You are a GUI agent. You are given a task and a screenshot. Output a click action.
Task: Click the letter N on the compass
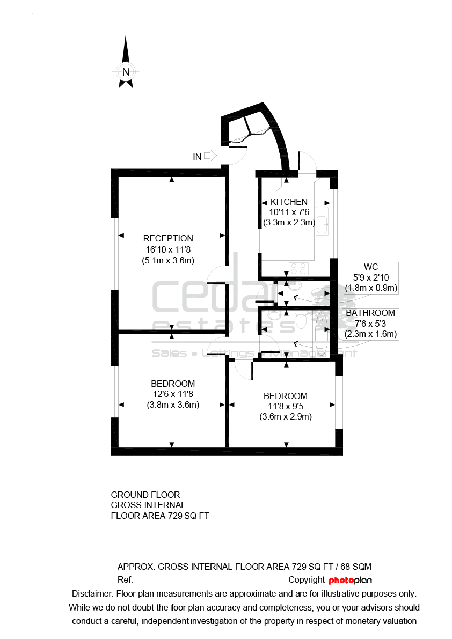126,72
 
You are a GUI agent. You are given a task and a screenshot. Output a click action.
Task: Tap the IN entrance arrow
210,155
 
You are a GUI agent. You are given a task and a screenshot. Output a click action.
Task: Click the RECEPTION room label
168,238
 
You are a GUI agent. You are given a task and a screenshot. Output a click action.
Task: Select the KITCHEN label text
289,202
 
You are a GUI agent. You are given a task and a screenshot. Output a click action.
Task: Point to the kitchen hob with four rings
298,269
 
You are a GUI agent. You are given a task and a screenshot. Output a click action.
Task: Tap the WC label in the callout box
371,267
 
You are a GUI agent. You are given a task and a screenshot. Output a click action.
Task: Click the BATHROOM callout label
370,313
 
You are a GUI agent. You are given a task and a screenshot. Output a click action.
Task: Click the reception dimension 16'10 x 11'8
169,249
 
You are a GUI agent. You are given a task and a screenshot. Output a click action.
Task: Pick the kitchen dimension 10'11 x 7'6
289,212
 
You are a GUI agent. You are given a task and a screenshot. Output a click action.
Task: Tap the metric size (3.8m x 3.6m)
173,405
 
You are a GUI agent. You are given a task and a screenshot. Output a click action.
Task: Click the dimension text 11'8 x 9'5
285,406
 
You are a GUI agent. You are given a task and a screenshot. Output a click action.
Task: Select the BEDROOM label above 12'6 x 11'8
173,384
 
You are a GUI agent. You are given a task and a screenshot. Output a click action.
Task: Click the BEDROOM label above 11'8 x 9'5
285,396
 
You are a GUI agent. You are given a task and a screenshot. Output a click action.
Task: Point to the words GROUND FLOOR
145,495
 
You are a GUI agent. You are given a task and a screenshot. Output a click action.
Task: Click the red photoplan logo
350,580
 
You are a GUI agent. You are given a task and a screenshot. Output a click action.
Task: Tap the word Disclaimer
92,594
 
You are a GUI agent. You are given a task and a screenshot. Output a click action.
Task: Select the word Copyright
307,580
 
